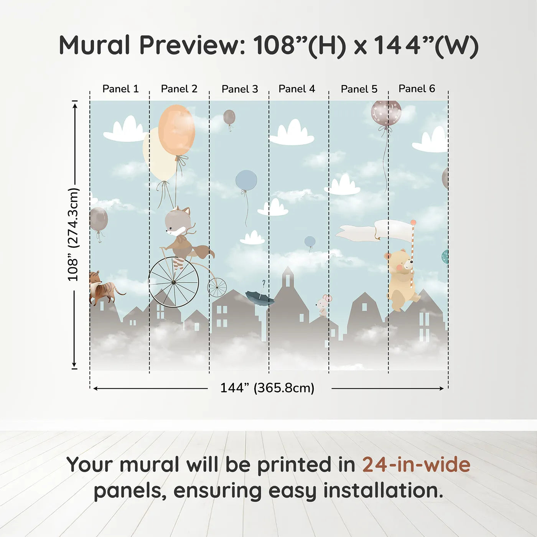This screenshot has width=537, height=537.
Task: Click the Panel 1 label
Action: [x=120, y=89]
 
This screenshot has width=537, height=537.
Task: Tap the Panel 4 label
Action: [x=297, y=89]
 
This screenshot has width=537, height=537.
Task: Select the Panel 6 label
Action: [x=417, y=89]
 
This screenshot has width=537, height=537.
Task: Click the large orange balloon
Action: [x=176, y=130]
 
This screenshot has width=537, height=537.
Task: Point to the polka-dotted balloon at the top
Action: [x=386, y=113]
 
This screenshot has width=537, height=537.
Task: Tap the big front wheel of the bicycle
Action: [x=173, y=282]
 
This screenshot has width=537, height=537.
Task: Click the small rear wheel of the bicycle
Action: [x=217, y=287]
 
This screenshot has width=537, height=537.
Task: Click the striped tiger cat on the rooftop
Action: [x=103, y=288]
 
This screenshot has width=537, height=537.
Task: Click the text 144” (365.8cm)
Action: [x=267, y=388]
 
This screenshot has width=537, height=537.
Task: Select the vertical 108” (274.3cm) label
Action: [x=73, y=235]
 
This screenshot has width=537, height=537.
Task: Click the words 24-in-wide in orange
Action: [x=416, y=465]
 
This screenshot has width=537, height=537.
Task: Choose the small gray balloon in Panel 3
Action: [x=229, y=117]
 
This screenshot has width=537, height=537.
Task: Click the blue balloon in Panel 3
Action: [x=246, y=180]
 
